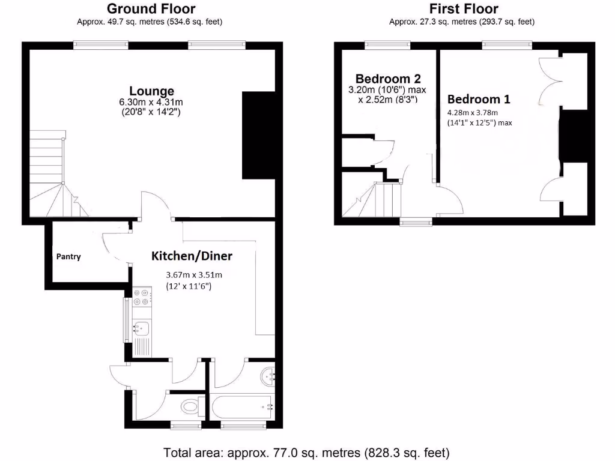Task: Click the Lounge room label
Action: (152, 91)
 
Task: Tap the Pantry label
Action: (68, 256)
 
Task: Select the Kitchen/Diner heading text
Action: (191, 256)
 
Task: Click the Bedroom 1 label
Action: (474, 99)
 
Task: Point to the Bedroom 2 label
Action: (388, 79)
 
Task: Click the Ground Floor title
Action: (150, 9)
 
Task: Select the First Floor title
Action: (463, 9)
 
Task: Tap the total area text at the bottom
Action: (307, 452)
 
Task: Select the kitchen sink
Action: (142, 328)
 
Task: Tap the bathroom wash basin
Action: (268, 377)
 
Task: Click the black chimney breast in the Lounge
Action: (259, 136)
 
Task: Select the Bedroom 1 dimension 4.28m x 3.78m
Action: (472, 112)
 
